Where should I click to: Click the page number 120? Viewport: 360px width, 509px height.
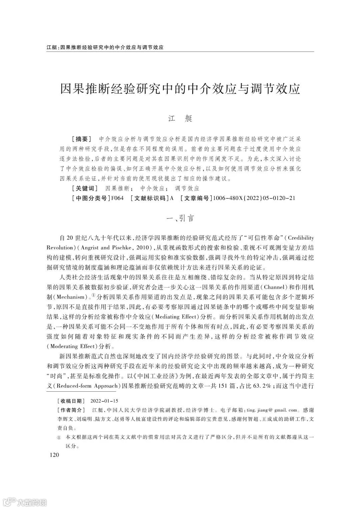[54, 455]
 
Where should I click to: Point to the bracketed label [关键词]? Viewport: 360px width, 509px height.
[85, 188]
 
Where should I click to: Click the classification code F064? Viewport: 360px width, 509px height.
[117, 198]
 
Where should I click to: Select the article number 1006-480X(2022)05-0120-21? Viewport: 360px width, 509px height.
[254, 198]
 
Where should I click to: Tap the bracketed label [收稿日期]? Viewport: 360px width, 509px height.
[71, 400]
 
